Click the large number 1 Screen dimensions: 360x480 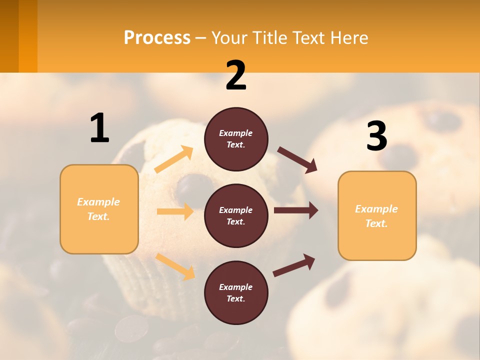pyautogui.click(x=99, y=128)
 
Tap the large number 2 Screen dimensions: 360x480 pyautogui.click(x=236, y=76)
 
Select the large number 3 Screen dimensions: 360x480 pyautogui.click(x=376, y=136)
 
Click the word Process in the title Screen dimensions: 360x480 pyautogui.click(x=157, y=37)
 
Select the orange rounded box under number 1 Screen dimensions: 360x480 pyautogui.click(x=99, y=209)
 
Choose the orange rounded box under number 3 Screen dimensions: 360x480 pyautogui.click(x=377, y=216)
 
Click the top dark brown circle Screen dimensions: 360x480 pyautogui.click(x=236, y=139)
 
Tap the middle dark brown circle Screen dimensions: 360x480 pyautogui.click(x=236, y=216)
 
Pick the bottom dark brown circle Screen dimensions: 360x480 pyautogui.click(x=236, y=293)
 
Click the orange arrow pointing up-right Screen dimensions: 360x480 pyautogui.click(x=174, y=159)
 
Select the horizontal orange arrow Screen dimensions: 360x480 pyautogui.click(x=175, y=211)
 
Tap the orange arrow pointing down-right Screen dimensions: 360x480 pyautogui.click(x=175, y=266)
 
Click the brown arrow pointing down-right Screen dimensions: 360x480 pyautogui.click(x=297, y=160)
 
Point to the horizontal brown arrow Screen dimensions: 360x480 pyautogui.click(x=296, y=210)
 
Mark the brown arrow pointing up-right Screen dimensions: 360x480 pyautogui.click(x=294, y=265)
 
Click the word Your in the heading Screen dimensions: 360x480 pyautogui.click(x=229, y=37)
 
